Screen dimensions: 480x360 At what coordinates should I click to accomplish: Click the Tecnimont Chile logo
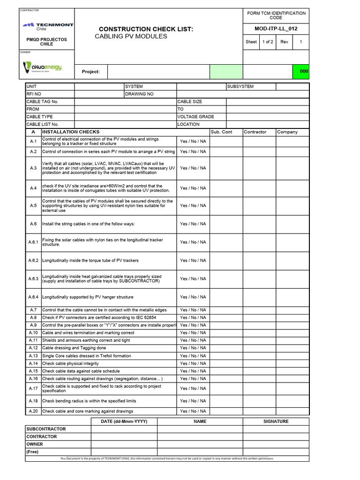(47, 25)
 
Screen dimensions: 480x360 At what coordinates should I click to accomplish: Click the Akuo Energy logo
(43, 68)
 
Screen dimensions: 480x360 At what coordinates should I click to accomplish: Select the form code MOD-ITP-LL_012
(276, 29)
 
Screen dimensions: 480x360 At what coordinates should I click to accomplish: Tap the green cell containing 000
(300, 71)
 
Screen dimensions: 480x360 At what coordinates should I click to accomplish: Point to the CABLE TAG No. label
(42, 102)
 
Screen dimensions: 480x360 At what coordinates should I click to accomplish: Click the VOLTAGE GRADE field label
(195, 117)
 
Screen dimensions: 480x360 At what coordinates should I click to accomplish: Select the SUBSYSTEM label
(240, 87)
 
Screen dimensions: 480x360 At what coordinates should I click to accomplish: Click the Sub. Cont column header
(221, 132)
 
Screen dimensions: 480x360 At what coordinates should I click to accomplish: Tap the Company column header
(287, 132)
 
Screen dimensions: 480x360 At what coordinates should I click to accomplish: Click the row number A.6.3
(33, 279)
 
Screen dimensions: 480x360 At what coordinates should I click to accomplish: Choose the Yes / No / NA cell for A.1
(193, 142)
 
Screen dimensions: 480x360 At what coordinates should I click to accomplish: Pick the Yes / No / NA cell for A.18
(193, 401)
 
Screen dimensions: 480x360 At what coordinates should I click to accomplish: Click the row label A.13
(33, 356)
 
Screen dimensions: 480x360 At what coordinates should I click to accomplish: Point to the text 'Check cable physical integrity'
(70, 363)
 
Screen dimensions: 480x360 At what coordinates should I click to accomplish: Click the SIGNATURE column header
(276, 421)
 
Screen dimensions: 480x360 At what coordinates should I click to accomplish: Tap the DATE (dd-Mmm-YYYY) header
(124, 421)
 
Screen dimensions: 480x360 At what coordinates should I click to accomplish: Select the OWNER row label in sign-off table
(35, 444)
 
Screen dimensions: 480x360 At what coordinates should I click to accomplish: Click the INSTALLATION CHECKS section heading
(71, 132)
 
